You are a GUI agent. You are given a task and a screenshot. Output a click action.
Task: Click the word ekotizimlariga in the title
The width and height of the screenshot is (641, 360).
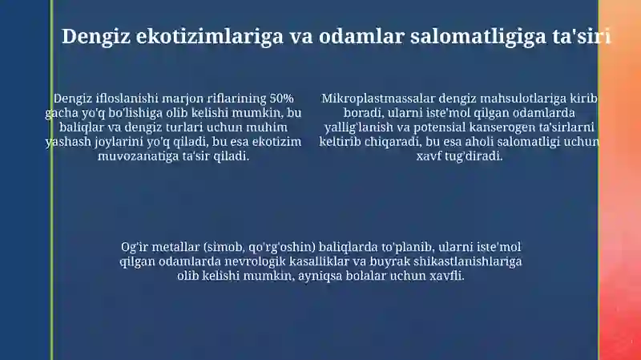209,36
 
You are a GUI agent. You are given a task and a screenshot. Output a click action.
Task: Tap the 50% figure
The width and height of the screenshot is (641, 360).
282,99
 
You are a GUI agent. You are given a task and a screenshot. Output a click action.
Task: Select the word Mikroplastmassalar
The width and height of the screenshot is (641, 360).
378,99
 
